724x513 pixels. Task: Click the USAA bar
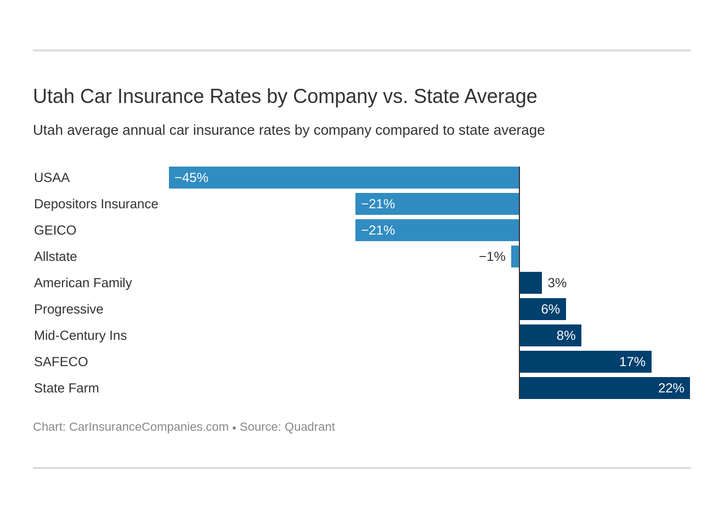point(344,178)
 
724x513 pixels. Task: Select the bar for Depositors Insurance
point(437,204)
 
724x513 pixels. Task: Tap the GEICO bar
point(437,230)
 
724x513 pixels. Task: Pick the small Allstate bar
point(515,256)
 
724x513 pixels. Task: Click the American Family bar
point(530,283)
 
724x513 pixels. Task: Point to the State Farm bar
point(604,388)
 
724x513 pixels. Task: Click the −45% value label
point(191,178)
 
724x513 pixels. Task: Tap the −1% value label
point(492,256)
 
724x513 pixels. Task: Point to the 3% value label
point(557,283)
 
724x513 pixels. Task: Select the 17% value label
point(632,362)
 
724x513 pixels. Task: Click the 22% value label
point(671,388)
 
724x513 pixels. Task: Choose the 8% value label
point(565,335)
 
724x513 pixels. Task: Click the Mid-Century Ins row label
point(80,335)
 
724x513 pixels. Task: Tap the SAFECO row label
point(61,362)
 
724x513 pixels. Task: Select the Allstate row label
point(55,256)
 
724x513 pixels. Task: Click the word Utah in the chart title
point(53,96)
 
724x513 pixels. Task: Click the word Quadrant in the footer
point(309,427)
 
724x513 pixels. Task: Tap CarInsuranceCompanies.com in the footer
point(149,427)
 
